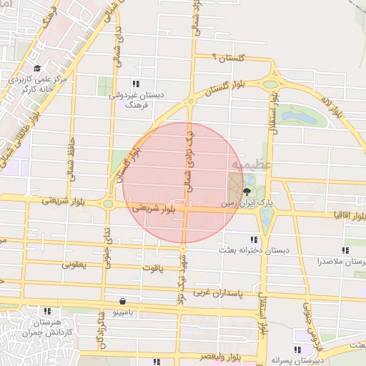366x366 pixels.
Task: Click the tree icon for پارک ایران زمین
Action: click(247, 191)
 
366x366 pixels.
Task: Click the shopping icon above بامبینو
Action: click(124, 301)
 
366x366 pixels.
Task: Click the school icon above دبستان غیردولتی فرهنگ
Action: click(136, 83)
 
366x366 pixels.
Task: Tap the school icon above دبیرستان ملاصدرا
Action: click(346, 251)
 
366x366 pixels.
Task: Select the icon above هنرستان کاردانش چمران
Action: click(47, 311)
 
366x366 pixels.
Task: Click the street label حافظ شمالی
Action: click(71, 152)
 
